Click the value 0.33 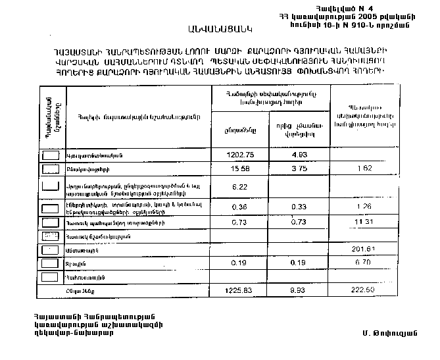299,207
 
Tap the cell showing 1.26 363,207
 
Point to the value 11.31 363,221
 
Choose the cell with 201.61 363,249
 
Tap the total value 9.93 299,290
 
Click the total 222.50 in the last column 363,290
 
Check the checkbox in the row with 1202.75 50,155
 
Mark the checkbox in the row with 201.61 50,250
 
